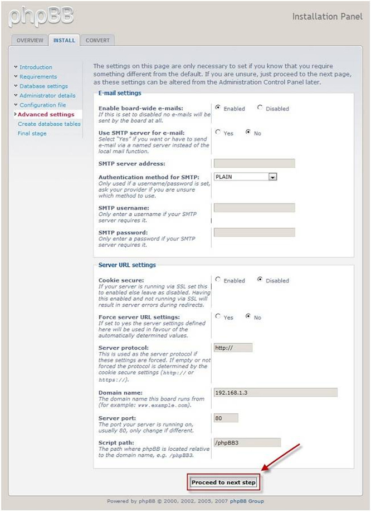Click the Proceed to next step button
pyautogui.click(x=224, y=482)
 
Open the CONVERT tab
pyautogui.click(x=97, y=40)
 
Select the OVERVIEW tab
pyautogui.click(x=30, y=40)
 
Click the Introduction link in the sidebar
pyautogui.click(x=36, y=67)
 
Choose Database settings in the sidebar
pyautogui.click(x=43, y=86)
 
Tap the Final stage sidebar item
pyautogui.click(x=32, y=134)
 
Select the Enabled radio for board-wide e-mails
pyautogui.click(x=218, y=108)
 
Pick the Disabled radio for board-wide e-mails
pyautogui.click(x=260, y=108)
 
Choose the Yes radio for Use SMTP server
pyautogui.click(x=218, y=133)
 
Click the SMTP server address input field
pyautogui.click(x=254, y=163)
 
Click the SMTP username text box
pyautogui.click(x=254, y=208)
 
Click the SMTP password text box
pyautogui.click(x=254, y=232)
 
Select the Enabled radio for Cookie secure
pyautogui.click(x=218, y=280)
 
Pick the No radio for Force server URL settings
pyautogui.click(x=248, y=316)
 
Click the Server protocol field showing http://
pyautogui.click(x=233, y=348)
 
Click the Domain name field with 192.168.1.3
pyautogui.click(x=275, y=392)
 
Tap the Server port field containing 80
pyautogui.click(x=226, y=418)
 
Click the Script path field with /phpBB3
pyautogui.click(x=247, y=443)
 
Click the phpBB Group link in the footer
pyautogui.click(x=247, y=501)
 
